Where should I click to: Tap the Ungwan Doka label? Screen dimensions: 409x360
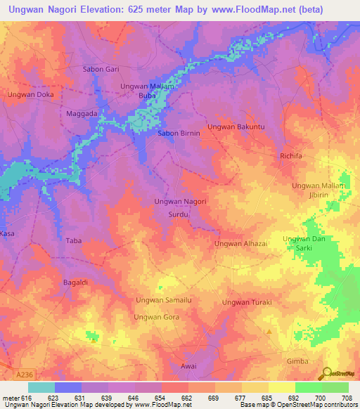30,94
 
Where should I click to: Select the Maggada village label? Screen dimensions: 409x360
81,112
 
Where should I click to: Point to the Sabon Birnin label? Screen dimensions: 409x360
179,133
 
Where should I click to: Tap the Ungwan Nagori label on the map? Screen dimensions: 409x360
180,202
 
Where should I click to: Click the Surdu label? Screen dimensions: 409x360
179,216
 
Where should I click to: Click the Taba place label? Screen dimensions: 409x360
74,241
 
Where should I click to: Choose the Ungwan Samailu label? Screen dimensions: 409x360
164,300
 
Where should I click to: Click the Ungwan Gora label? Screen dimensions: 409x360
157,317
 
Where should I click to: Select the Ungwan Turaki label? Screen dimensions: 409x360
247,302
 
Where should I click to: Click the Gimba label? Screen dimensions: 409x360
297,361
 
